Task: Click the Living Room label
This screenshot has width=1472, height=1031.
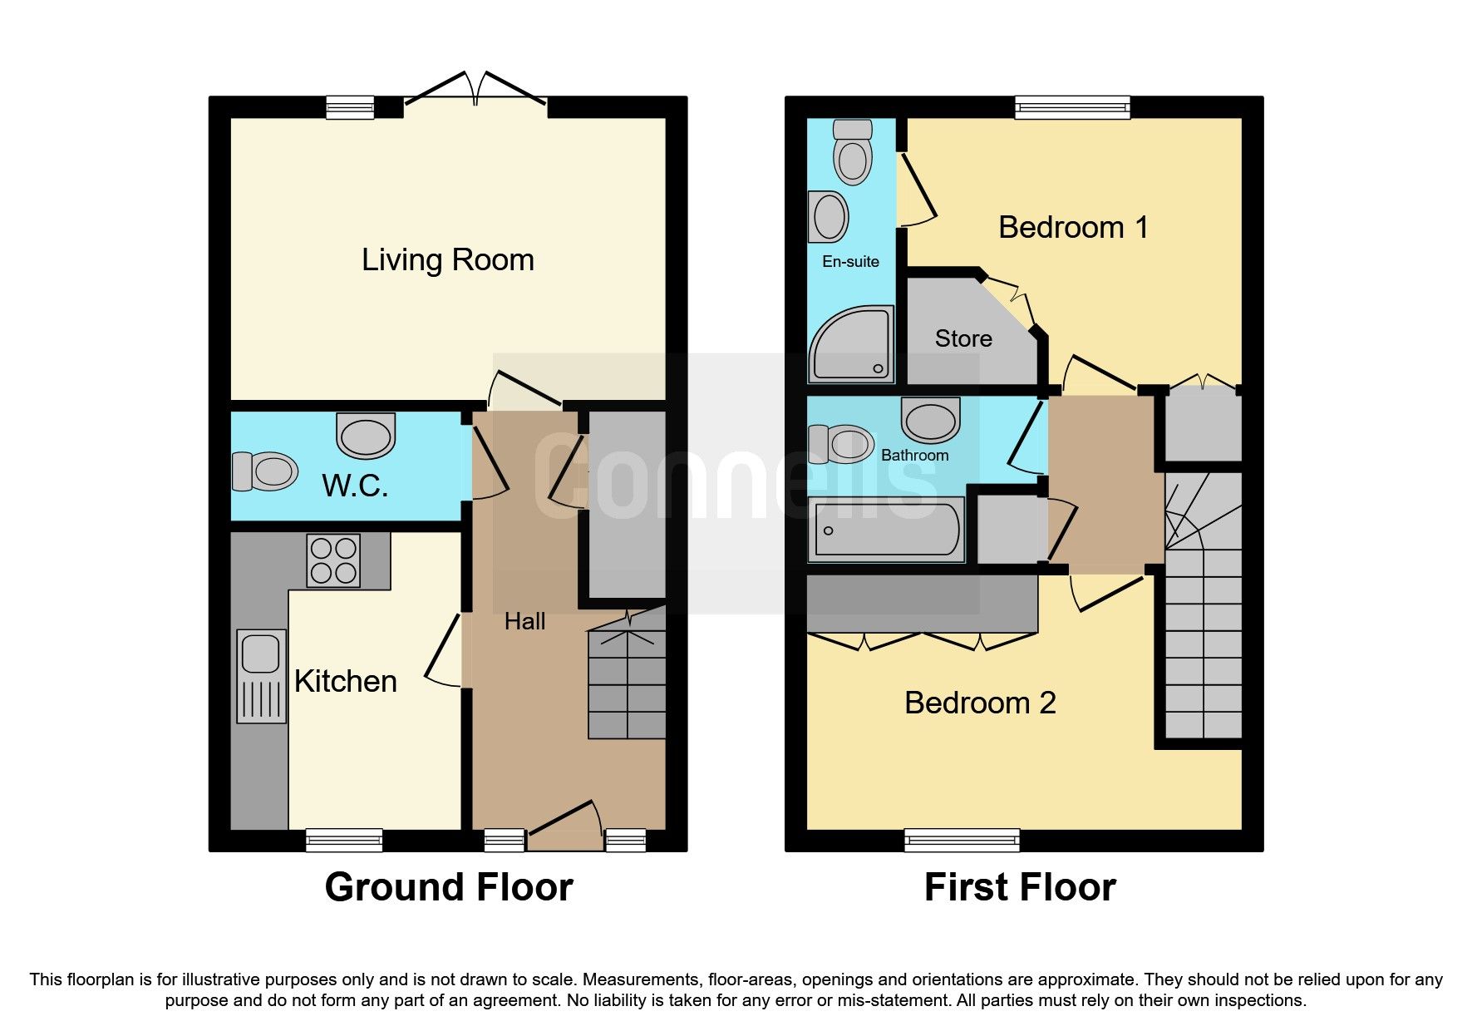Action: pyautogui.click(x=447, y=260)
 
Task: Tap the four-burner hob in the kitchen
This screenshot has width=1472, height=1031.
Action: pyautogui.click(x=333, y=560)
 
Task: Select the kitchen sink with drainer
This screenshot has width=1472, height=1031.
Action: pyautogui.click(x=261, y=675)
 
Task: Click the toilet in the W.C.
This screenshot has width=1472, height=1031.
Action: pyautogui.click(x=266, y=471)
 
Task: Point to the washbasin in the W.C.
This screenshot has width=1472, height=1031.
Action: pyautogui.click(x=366, y=436)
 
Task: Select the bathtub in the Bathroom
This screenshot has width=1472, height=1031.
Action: pyautogui.click(x=886, y=530)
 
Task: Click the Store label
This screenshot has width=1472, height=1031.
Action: pyautogui.click(x=962, y=338)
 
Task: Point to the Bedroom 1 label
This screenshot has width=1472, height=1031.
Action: pyautogui.click(x=1073, y=227)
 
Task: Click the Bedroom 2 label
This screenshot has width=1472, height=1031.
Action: pyautogui.click(x=979, y=703)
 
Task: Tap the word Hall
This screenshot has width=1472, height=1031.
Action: pyautogui.click(x=524, y=621)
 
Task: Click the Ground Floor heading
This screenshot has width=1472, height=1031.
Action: pyautogui.click(x=448, y=887)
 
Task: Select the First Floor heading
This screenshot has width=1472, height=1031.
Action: pyautogui.click(x=1019, y=887)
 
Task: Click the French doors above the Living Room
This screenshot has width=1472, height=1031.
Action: pyautogui.click(x=475, y=90)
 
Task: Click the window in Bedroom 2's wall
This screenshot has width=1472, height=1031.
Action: pyautogui.click(x=962, y=840)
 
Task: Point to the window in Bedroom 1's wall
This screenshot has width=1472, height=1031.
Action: pyautogui.click(x=1072, y=106)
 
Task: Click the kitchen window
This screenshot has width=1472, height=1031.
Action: pyautogui.click(x=344, y=840)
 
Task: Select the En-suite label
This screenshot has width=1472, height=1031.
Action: pyautogui.click(x=850, y=262)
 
